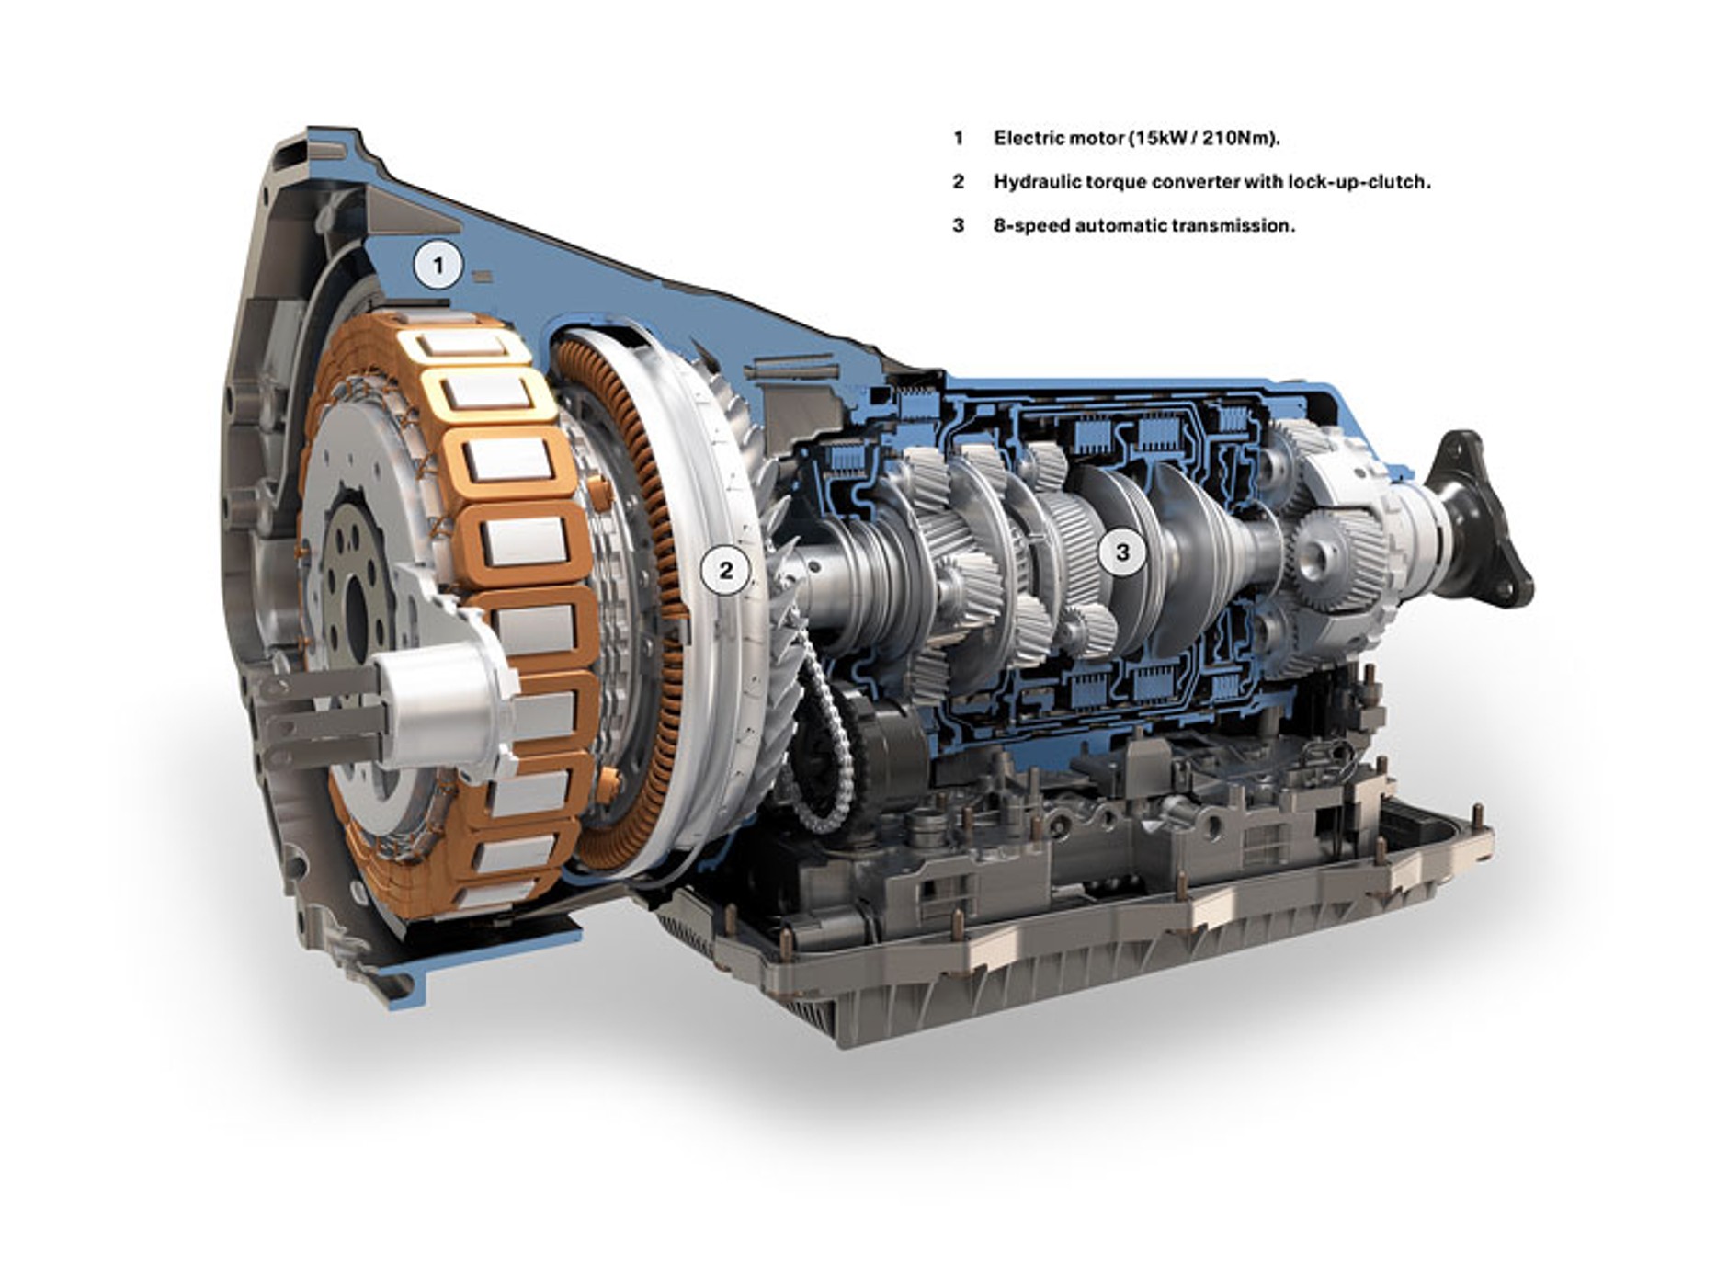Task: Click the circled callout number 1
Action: coord(438,267)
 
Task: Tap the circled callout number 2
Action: coord(726,570)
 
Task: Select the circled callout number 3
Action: coord(1121,552)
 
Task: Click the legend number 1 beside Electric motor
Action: coord(958,138)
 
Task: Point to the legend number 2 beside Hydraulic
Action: coord(959,182)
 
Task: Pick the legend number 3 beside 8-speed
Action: coord(959,225)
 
